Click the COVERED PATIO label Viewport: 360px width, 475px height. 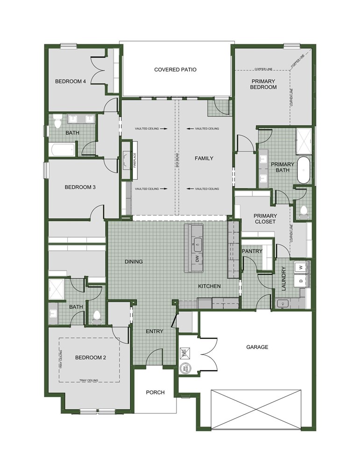pyautogui.click(x=175, y=70)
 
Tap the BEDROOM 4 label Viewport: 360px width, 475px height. pyautogui.click(x=71, y=81)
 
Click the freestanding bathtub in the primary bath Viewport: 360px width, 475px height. pyautogui.click(x=304, y=171)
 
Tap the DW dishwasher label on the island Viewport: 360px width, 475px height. pyautogui.click(x=198, y=258)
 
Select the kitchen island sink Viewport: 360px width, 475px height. pyautogui.click(x=198, y=243)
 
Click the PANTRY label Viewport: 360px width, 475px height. pyautogui.click(x=252, y=251)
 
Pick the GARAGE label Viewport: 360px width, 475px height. pyautogui.click(x=257, y=347)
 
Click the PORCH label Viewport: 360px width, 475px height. pyautogui.click(x=155, y=392)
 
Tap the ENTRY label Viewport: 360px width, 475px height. pyautogui.click(x=155, y=331)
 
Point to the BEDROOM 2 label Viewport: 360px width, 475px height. pyautogui.click(x=91, y=357)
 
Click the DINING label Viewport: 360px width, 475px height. pyautogui.click(x=134, y=261)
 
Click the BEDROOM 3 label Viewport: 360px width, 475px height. pyautogui.click(x=80, y=187)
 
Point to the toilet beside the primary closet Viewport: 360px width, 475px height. pyautogui.click(x=304, y=211)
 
